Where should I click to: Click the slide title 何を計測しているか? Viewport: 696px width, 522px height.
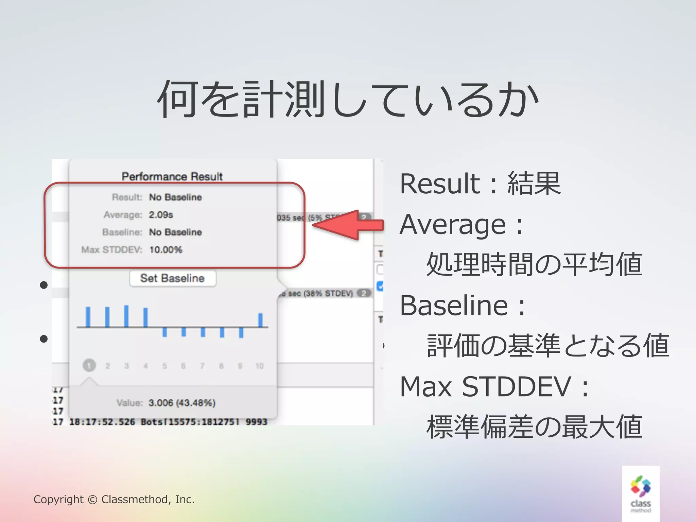[348, 99]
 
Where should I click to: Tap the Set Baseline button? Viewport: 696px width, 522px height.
[173, 278]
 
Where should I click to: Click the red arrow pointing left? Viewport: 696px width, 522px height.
[347, 225]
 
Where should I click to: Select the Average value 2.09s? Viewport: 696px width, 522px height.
[161, 215]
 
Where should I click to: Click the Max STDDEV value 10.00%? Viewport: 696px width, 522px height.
[166, 250]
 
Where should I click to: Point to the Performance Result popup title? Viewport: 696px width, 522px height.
[172, 176]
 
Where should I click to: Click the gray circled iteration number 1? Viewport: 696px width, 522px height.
[89, 366]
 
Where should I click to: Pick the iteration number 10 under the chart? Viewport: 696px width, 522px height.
[259, 366]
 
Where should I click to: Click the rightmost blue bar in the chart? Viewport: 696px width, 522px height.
[260, 320]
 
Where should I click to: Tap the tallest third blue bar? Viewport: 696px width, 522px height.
[126, 316]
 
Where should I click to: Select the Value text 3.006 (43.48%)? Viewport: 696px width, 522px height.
[182, 403]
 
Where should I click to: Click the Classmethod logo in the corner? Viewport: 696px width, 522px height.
[641, 493]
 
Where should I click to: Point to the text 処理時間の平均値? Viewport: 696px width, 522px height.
[534, 264]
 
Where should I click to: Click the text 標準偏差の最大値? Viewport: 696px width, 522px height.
[534, 427]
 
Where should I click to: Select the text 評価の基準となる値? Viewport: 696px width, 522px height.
[548, 346]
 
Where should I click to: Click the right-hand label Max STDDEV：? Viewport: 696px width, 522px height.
[494, 386]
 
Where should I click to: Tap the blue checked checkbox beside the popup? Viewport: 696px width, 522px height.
[380, 286]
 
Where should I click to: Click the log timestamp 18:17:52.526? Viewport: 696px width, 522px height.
[102, 422]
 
